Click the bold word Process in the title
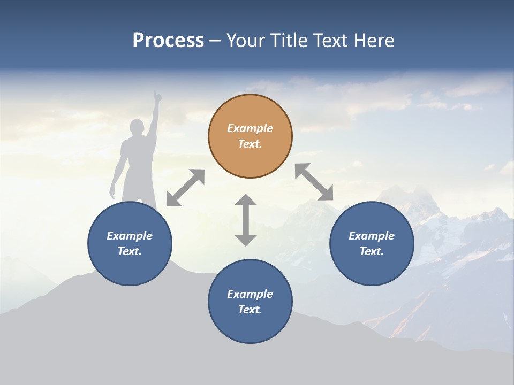tap(168, 41)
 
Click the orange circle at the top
tap(250, 136)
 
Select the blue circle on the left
tap(130, 243)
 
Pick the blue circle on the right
tap(372, 243)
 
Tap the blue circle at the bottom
tap(250, 302)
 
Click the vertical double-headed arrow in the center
tap(246, 220)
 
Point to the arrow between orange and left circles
tap(185, 188)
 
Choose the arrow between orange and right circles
tap(314, 182)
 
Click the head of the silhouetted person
tap(137, 128)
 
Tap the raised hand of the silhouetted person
tap(157, 96)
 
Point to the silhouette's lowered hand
tap(112, 192)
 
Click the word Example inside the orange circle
tap(250, 128)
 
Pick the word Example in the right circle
tap(372, 236)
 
